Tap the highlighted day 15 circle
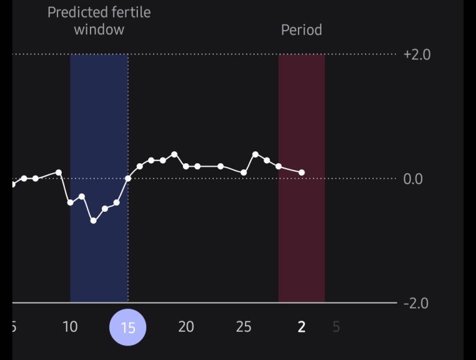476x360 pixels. (128, 327)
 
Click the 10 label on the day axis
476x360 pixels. (70, 327)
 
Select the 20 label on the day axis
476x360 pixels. (186, 327)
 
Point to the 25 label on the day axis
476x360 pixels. (243, 327)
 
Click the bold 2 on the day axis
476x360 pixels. (302, 327)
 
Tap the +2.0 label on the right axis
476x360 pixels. (417, 55)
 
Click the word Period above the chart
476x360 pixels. (302, 29)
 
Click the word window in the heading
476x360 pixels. (99, 29)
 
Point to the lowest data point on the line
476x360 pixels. (94, 221)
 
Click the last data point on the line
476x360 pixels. (302, 173)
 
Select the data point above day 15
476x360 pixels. (128, 178)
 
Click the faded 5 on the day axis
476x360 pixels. (336, 327)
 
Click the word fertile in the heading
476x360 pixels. (129, 12)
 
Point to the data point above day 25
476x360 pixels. (244, 173)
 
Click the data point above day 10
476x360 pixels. (70, 203)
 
